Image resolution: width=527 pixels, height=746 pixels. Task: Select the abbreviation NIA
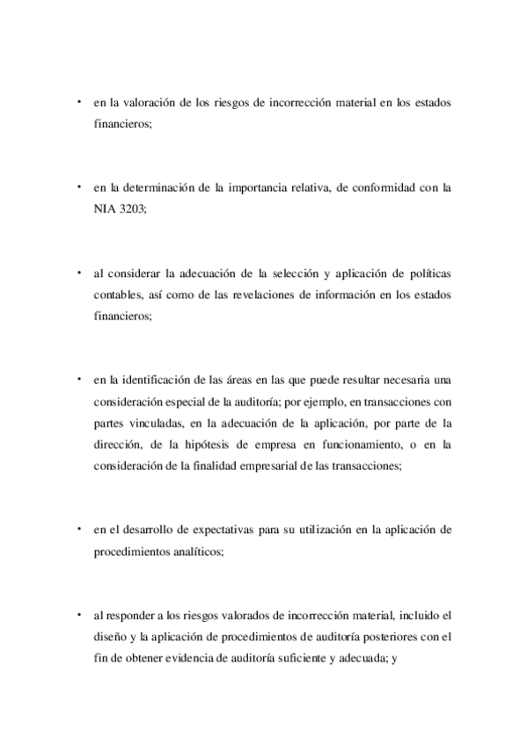coord(106,209)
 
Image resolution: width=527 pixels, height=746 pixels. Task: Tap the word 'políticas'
coord(426,273)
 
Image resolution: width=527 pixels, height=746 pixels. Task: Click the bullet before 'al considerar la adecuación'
coord(78,271)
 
